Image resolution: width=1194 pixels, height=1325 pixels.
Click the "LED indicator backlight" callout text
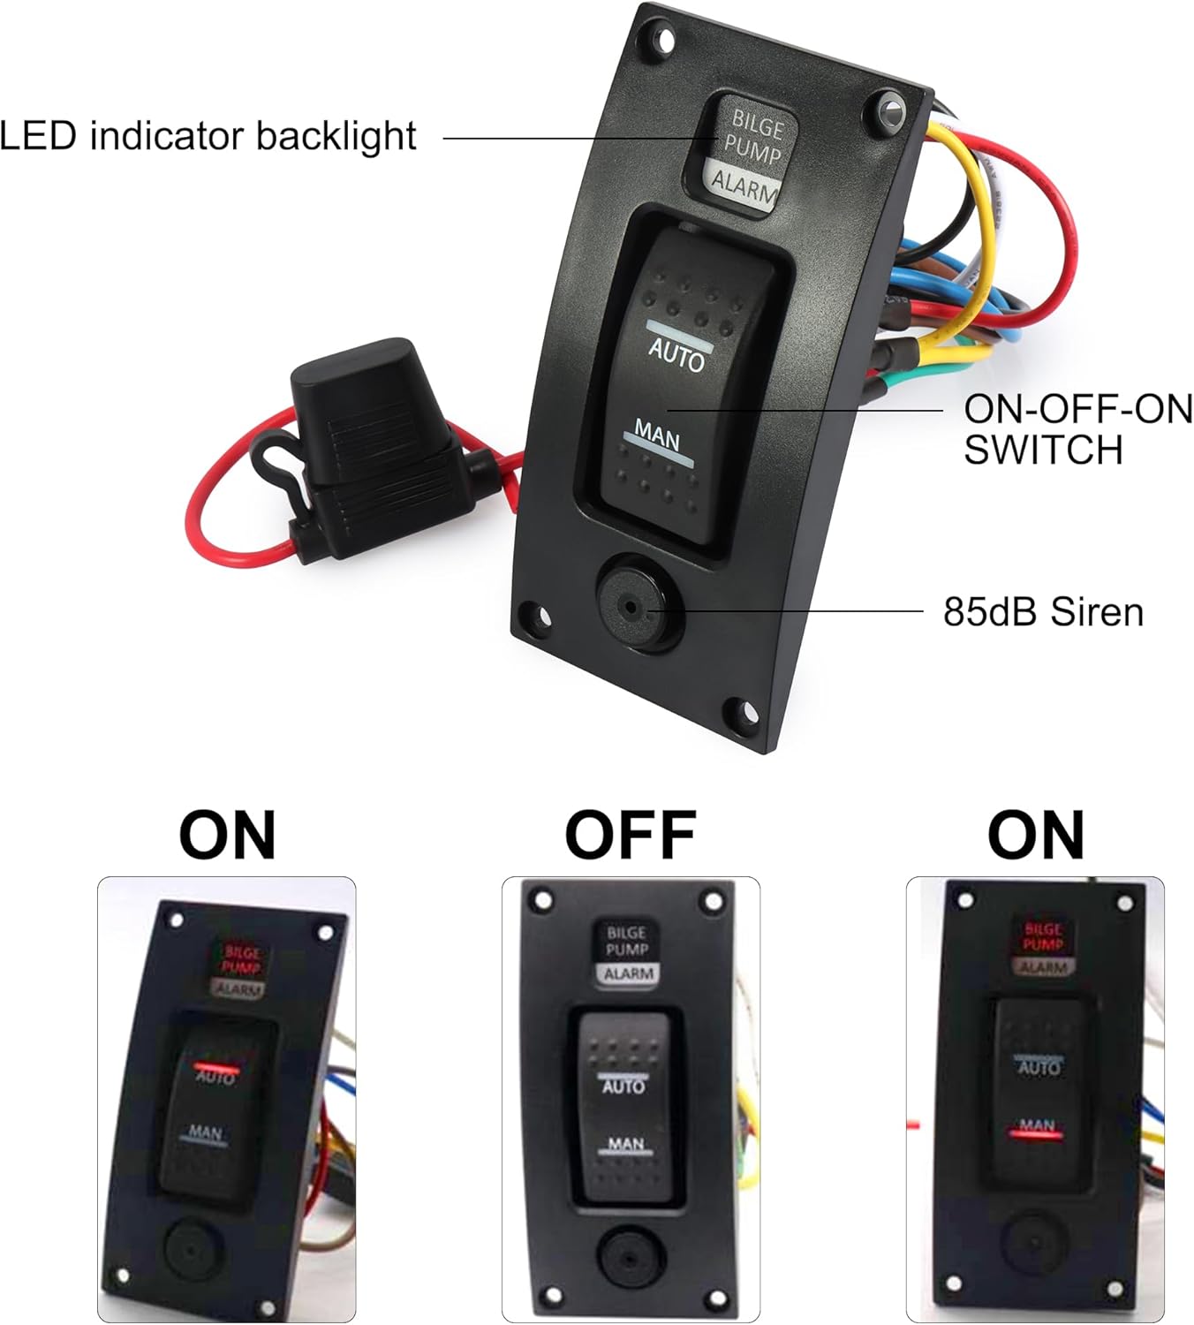tap(208, 136)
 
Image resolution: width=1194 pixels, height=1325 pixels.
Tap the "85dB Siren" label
tap(1043, 611)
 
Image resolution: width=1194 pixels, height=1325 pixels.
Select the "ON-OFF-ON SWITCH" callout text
tap(1077, 429)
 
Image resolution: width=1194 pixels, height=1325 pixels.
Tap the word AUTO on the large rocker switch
tap(676, 356)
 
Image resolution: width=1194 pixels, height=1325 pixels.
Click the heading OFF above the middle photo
tap(630, 835)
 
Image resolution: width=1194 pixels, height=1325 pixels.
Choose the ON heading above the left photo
tap(227, 835)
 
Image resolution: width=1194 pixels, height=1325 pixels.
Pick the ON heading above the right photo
tap(1035, 835)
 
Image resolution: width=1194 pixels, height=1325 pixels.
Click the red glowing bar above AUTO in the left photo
tap(216, 1067)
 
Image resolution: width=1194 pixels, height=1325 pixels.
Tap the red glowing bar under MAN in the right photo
tap(1037, 1135)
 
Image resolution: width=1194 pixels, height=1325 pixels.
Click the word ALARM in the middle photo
tap(629, 973)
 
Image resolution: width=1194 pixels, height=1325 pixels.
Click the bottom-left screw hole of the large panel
tap(532, 612)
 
